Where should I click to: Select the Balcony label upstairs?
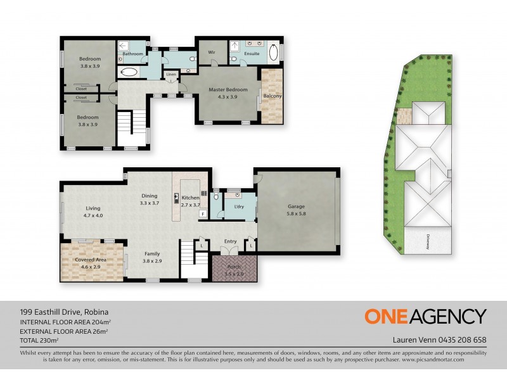click(x=273, y=96)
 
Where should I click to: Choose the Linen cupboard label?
click(x=170, y=75)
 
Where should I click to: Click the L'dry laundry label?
click(x=240, y=208)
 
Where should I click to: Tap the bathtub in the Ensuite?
click(x=274, y=52)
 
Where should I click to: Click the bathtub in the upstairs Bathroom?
click(x=128, y=72)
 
